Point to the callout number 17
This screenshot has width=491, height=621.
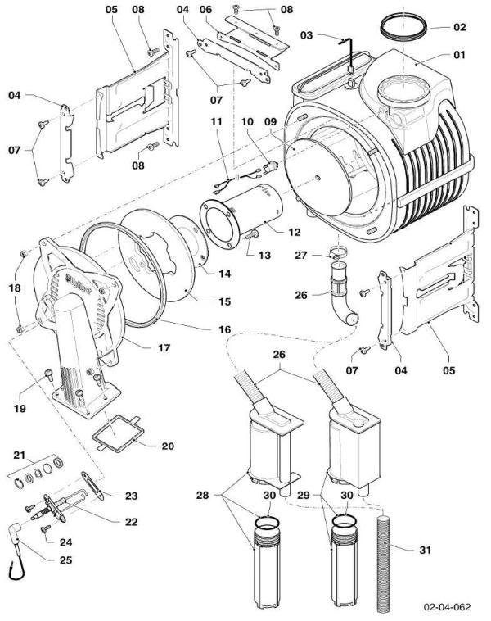164,348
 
